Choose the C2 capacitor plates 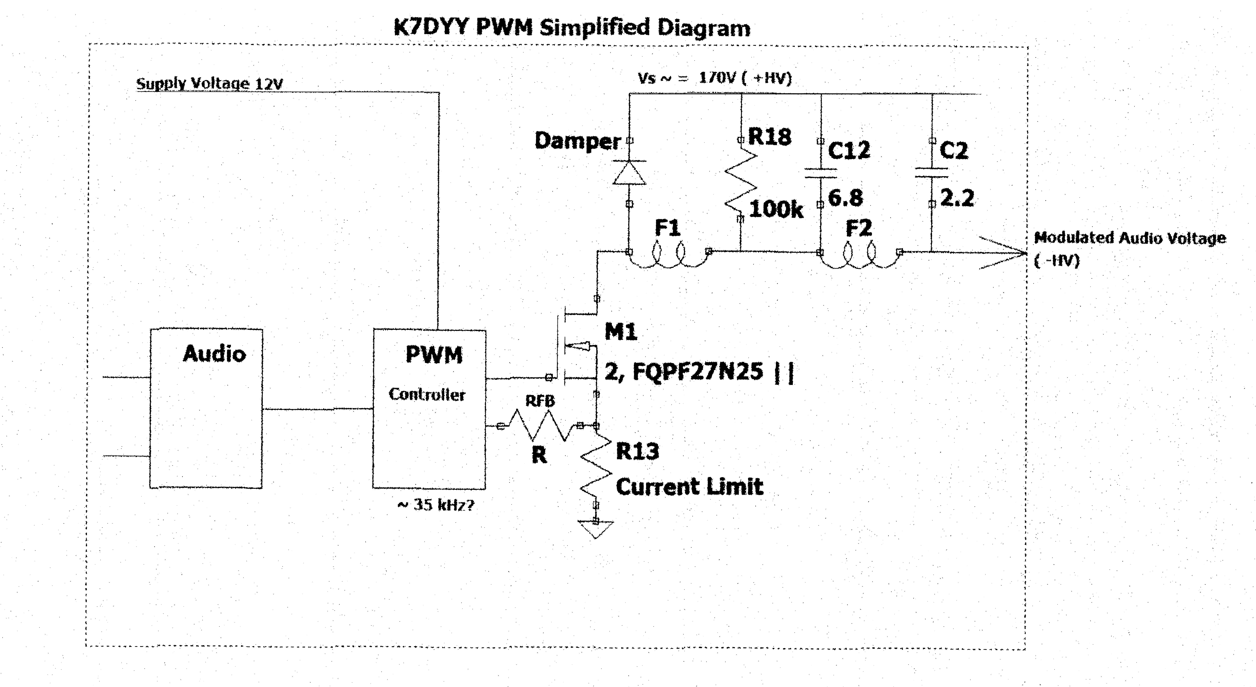click(932, 173)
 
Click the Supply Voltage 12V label click(210, 83)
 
